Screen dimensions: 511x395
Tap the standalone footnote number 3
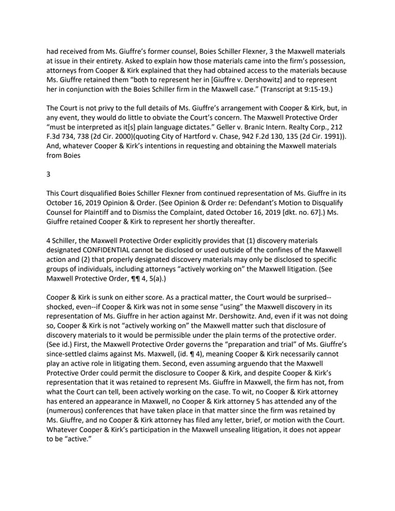pos(49,174)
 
